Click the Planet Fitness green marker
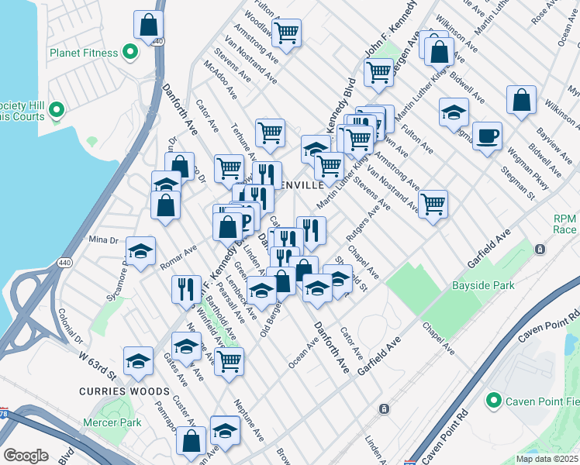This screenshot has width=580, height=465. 129,53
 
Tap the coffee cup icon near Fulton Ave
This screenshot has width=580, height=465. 487,136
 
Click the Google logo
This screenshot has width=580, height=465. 26,456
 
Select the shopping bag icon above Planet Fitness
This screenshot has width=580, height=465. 148,25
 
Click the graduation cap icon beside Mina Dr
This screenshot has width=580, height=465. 140,251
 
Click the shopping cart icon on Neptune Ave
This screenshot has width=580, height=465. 229,361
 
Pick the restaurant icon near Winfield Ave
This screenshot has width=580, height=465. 186,289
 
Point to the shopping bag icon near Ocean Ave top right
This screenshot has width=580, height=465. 522,100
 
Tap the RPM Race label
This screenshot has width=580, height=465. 564,224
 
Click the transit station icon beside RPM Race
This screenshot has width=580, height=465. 540,250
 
